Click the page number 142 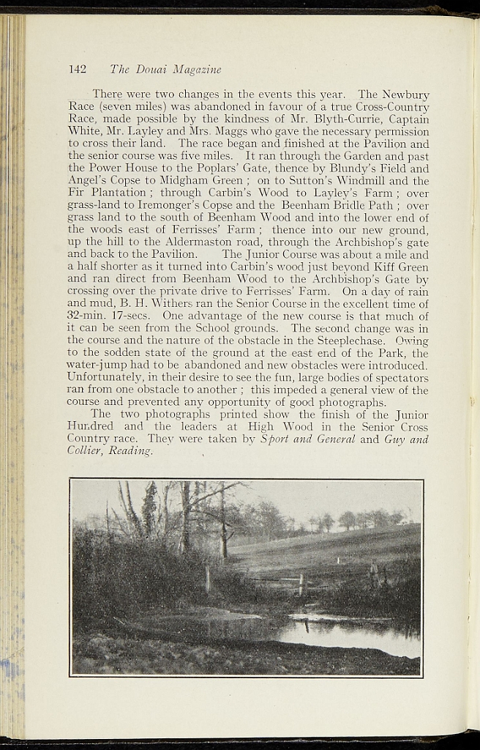pos(77,70)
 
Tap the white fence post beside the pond pos(300,584)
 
